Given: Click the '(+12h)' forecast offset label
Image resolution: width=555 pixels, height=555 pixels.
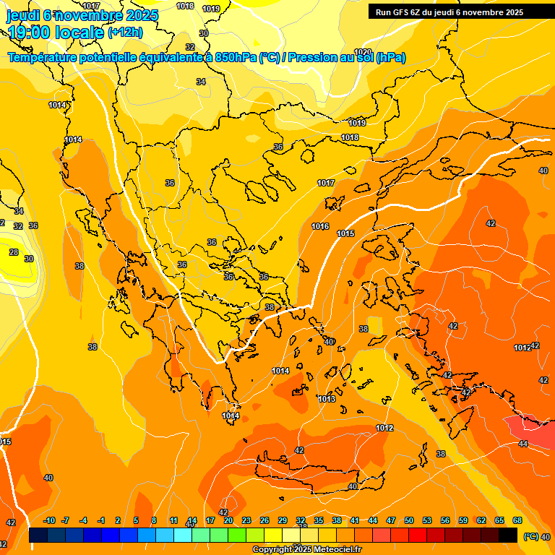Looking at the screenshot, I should pyautogui.click(x=125, y=33).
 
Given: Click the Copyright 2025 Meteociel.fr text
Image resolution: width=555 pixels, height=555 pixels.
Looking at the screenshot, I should pyautogui.click(x=307, y=550).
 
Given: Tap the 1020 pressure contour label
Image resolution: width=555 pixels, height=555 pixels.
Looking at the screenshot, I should pyautogui.click(x=363, y=52).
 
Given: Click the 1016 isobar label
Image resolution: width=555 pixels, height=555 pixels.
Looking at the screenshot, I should pyautogui.click(x=320, y=227).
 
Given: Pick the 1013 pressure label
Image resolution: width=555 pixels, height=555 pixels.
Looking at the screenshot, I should pyautogui.click(x=327, y=399).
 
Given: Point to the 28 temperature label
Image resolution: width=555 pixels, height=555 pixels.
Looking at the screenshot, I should pyautogui.click(x=14, y=252).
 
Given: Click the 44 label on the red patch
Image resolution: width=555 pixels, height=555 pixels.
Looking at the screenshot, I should pyautogui.click(x=523, y=444).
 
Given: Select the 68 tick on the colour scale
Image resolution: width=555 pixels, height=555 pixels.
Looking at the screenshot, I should pyautogui.click(x=517, y=520).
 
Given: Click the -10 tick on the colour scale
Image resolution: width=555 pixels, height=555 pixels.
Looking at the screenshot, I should pyautogui.click(x=49, y=520).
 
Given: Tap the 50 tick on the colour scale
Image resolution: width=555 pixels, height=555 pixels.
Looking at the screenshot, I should pyautogui.click(x=409, y=520).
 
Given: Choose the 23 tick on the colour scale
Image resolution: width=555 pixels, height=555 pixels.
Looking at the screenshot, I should pyautogui.click(x=246, y=520).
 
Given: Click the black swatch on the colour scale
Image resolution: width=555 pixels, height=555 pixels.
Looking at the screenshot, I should pyautogui.click(x=508, y=535).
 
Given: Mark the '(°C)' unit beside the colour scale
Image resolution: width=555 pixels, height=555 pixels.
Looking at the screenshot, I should pyautogui.click(x=530, y=536).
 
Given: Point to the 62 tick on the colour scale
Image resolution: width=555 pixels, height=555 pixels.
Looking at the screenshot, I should pyautogui.click(x=481, y=520).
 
